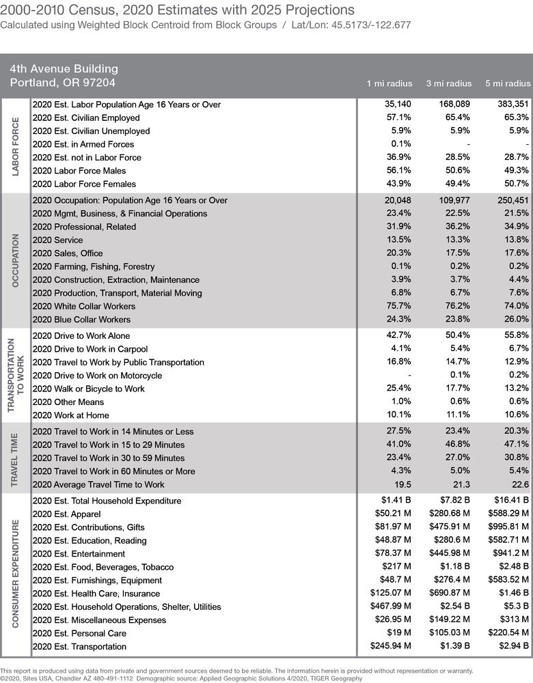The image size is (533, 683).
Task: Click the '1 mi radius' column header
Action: [x=389, y=83]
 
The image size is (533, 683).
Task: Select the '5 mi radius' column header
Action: [x=508, y=83]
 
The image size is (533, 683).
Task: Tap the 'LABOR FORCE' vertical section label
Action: [x=16, y=145]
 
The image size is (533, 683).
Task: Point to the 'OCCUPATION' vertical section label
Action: [x=16, y=260]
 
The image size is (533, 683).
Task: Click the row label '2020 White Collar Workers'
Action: [x=84, y=306]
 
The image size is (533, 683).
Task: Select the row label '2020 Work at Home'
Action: [x=70, y=415]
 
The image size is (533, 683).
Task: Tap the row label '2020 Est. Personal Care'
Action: [x=79, y=633]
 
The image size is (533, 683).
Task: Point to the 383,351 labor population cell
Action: [x=513, y=104]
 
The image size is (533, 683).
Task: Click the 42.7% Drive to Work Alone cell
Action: [x=400, y=335]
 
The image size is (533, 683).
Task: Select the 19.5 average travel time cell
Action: [x=402, y=484]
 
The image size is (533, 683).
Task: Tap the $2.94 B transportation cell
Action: [x=513, y=646]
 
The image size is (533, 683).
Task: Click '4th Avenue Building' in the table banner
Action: [x=64, y=69]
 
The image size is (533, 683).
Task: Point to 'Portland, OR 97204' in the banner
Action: [x=62, y=83]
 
